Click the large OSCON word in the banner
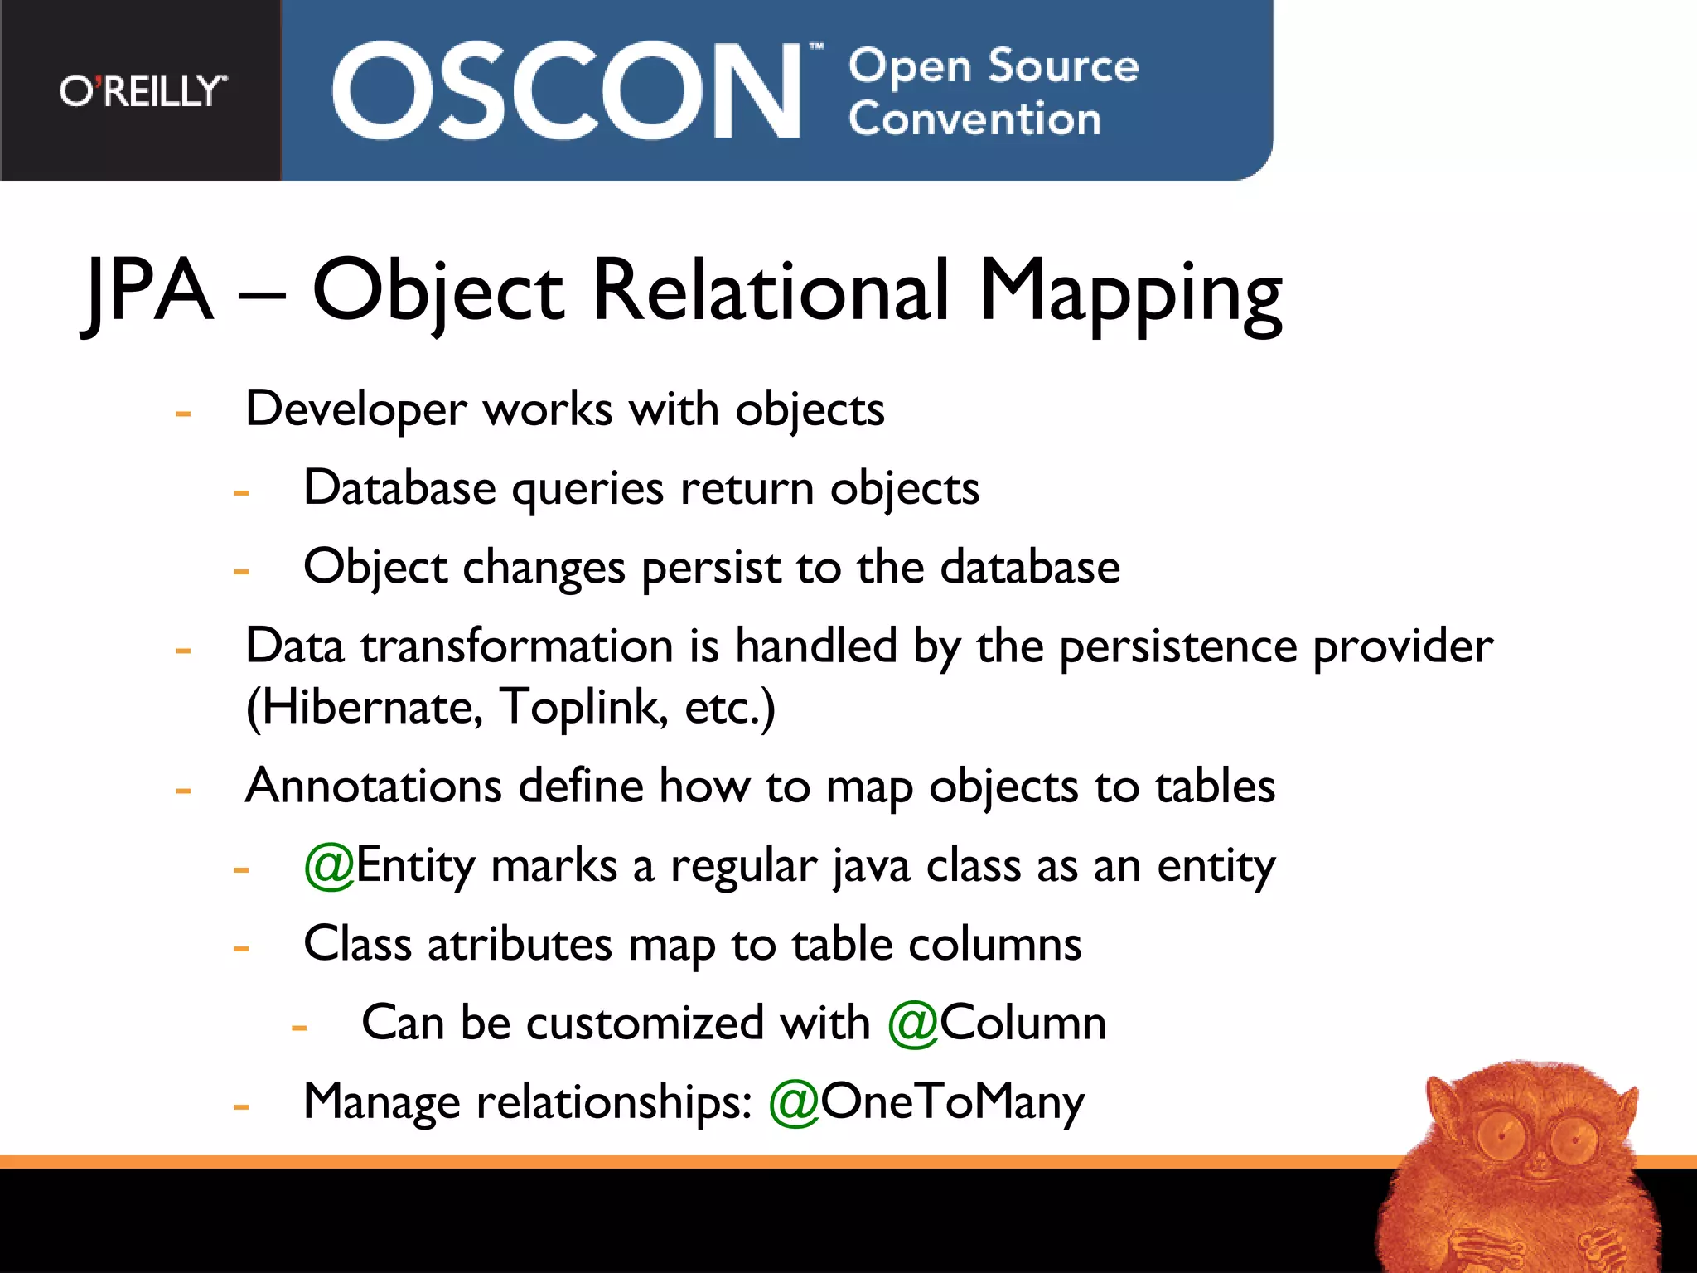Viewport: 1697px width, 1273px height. pos(567,91)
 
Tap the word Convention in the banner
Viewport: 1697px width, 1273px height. pos(974,119)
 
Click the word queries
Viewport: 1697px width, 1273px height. pos(587,489)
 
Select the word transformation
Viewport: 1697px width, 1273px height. pos(516,646)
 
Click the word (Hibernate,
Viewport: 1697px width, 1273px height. pos(365,709)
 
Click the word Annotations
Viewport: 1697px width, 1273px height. pos(374,786)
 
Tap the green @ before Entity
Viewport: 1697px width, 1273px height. pos(329,866)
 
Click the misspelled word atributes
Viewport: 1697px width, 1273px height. pos(520,945)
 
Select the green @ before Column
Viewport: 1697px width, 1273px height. pos(912,1024)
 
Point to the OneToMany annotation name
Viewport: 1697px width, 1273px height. pos(952,1102)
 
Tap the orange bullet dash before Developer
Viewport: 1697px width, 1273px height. pos(183,412)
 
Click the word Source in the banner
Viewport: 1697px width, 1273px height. pos(1063,66)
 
